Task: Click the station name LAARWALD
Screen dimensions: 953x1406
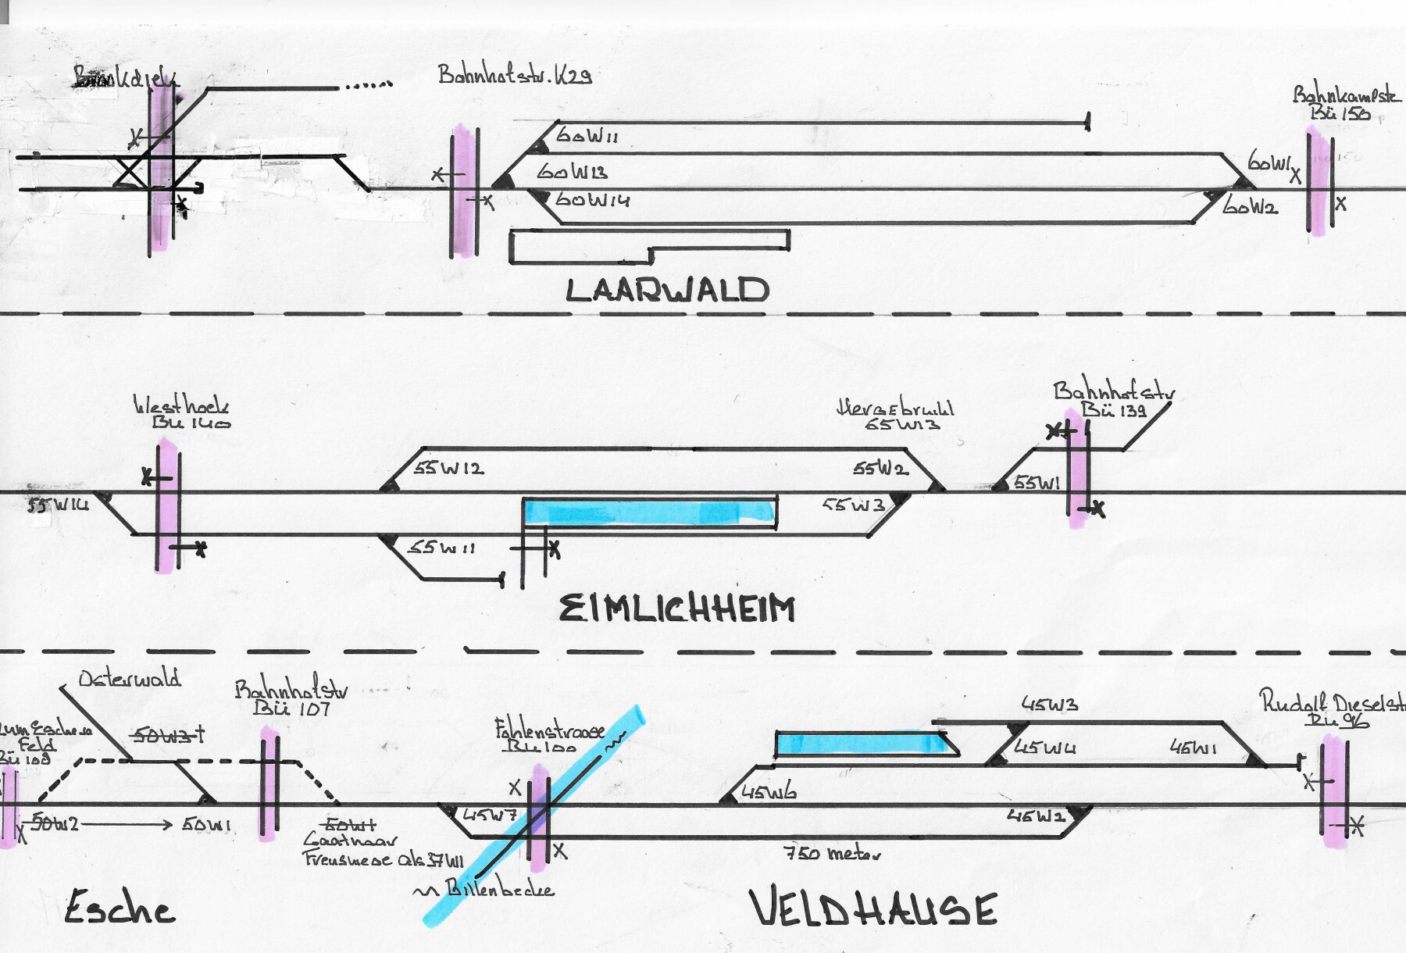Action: tap(668, 290)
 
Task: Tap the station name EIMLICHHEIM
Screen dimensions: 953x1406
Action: tap(677, 609)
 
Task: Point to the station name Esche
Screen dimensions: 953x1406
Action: tap(120, 908)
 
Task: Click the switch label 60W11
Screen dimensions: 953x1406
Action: tap(587, 136)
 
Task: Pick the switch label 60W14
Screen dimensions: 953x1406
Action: tap(592, 200)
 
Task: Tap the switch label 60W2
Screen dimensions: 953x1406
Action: tap(1250, 207)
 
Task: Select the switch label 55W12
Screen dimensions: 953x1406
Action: tap(448, 469)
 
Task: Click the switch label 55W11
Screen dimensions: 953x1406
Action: tap(441, 548)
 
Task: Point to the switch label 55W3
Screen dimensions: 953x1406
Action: tap(853, 505)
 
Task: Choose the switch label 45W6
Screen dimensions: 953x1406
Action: tap(769, 792)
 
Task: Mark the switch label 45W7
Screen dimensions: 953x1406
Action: tap(490, 816)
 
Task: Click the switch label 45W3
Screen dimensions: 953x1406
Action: tap(1050, 705)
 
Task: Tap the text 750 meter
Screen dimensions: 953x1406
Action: tap(832, 853)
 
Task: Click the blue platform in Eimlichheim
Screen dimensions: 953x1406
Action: tap(648, 512)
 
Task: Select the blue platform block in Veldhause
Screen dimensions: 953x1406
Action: tap(863, 744)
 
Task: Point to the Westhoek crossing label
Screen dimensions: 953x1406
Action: tap(181, 405)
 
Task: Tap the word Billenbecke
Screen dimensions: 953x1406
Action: tap(499, 889)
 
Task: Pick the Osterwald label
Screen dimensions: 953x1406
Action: tap(130, 678)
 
